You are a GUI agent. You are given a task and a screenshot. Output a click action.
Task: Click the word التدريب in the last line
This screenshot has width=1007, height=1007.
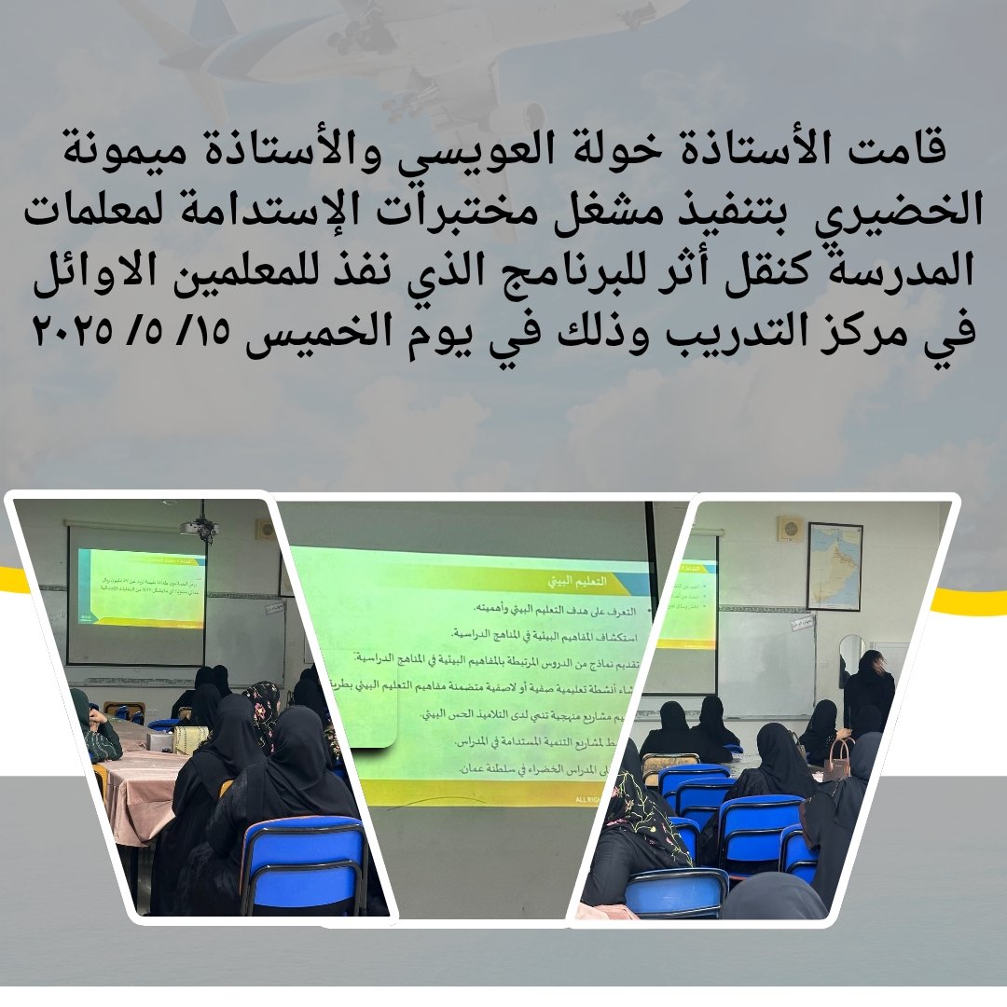pos(750,331)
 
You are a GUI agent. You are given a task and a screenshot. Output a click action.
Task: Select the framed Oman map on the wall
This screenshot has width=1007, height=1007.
pos(834,565)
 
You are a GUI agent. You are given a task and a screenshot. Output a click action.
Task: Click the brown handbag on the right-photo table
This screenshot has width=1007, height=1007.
pos(836,759)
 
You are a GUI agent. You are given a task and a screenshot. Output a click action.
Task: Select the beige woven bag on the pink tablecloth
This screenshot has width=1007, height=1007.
pos(190,738)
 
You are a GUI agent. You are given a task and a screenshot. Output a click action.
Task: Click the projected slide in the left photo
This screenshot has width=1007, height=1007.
pos(142,587)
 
